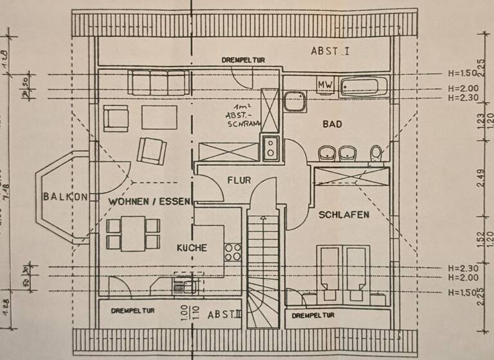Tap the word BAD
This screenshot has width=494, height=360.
tap(332, 124)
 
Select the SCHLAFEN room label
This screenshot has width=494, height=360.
tap(344, 215)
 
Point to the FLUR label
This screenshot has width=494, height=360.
tap(239, 181)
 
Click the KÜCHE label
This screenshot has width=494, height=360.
tap(192, 247)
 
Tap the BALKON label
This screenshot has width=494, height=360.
tap(65, 197)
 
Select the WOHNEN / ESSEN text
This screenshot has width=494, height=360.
tap(149, 201)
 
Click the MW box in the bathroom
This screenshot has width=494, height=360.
tap(324, 85)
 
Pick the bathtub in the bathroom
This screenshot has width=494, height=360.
tap(363, 86)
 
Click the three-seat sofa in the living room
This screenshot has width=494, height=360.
tap(159, 82)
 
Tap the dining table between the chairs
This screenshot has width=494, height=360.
tap(133, 234)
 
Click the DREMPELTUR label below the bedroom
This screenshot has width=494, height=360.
tap(313, 316)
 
